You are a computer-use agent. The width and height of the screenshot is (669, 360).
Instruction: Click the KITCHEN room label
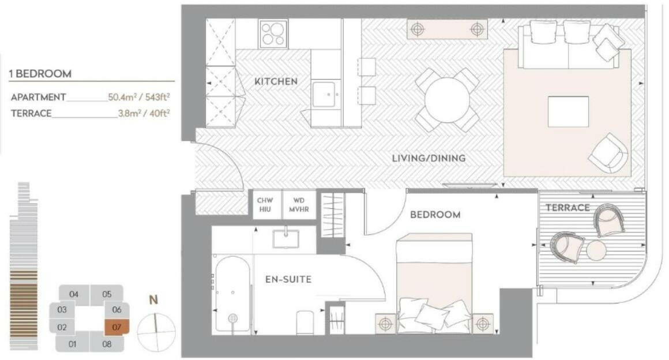tap(276, 81)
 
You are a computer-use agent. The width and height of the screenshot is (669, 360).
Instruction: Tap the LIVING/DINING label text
tap(429, 158)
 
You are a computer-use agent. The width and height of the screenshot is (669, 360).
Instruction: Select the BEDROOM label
tap(435, 215)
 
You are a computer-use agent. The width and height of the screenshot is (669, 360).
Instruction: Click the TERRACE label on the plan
tap(567, 208)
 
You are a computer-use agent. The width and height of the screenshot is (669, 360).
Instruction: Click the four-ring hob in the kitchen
tap(273, 33)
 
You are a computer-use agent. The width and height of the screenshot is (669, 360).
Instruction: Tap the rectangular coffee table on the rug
tap(568, 111)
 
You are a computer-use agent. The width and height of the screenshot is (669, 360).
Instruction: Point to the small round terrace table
tap(597, 250)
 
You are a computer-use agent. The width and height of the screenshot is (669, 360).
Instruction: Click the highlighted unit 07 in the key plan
tap(117, 327)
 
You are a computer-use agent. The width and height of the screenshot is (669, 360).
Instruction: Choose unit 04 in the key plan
tap(74, 294)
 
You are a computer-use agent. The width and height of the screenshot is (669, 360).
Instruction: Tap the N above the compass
tap(154, 300)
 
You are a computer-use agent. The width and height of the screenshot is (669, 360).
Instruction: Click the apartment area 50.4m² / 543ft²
tap(138, 97)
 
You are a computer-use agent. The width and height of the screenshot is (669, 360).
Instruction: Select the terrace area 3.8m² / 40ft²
tap(144, 114)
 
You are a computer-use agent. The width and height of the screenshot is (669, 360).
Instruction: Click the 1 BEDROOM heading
tap(40, 74)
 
